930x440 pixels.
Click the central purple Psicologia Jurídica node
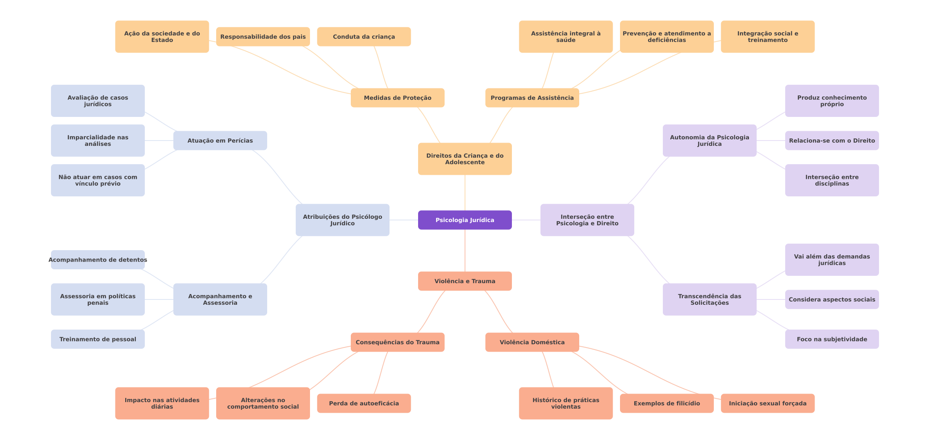click(x=465, y=220)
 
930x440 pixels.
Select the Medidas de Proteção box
click(x=397, y=98)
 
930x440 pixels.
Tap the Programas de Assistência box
click(x=532, y=98)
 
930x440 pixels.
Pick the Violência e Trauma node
click(x=465, y=281)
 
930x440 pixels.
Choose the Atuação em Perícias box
click(x=220, y=141)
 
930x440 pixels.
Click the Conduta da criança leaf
click(x=363, y=37)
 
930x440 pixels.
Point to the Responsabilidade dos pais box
click(x=263, y=37)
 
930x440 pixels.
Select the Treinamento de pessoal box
click(x=97, y=339)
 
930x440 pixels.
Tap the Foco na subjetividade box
click(x=832, y=339)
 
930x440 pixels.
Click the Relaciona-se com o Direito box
click(x=832, y=141)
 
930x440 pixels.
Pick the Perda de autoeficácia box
click(x=363, y=403)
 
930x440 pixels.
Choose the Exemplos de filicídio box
click(x=666, y=403)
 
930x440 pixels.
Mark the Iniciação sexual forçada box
click(x=767, y=403)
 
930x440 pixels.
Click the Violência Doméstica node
click(x=532, y=342)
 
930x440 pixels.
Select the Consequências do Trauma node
click(x=397, y=342)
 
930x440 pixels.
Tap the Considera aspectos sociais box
click(x=832, y=299)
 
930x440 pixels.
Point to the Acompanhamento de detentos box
click(x=97, y=260)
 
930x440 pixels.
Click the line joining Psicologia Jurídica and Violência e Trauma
click(x=465, y=251)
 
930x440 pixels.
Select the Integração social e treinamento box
click(x=767, y=37)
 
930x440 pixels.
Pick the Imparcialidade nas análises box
click(x=97, y=141)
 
